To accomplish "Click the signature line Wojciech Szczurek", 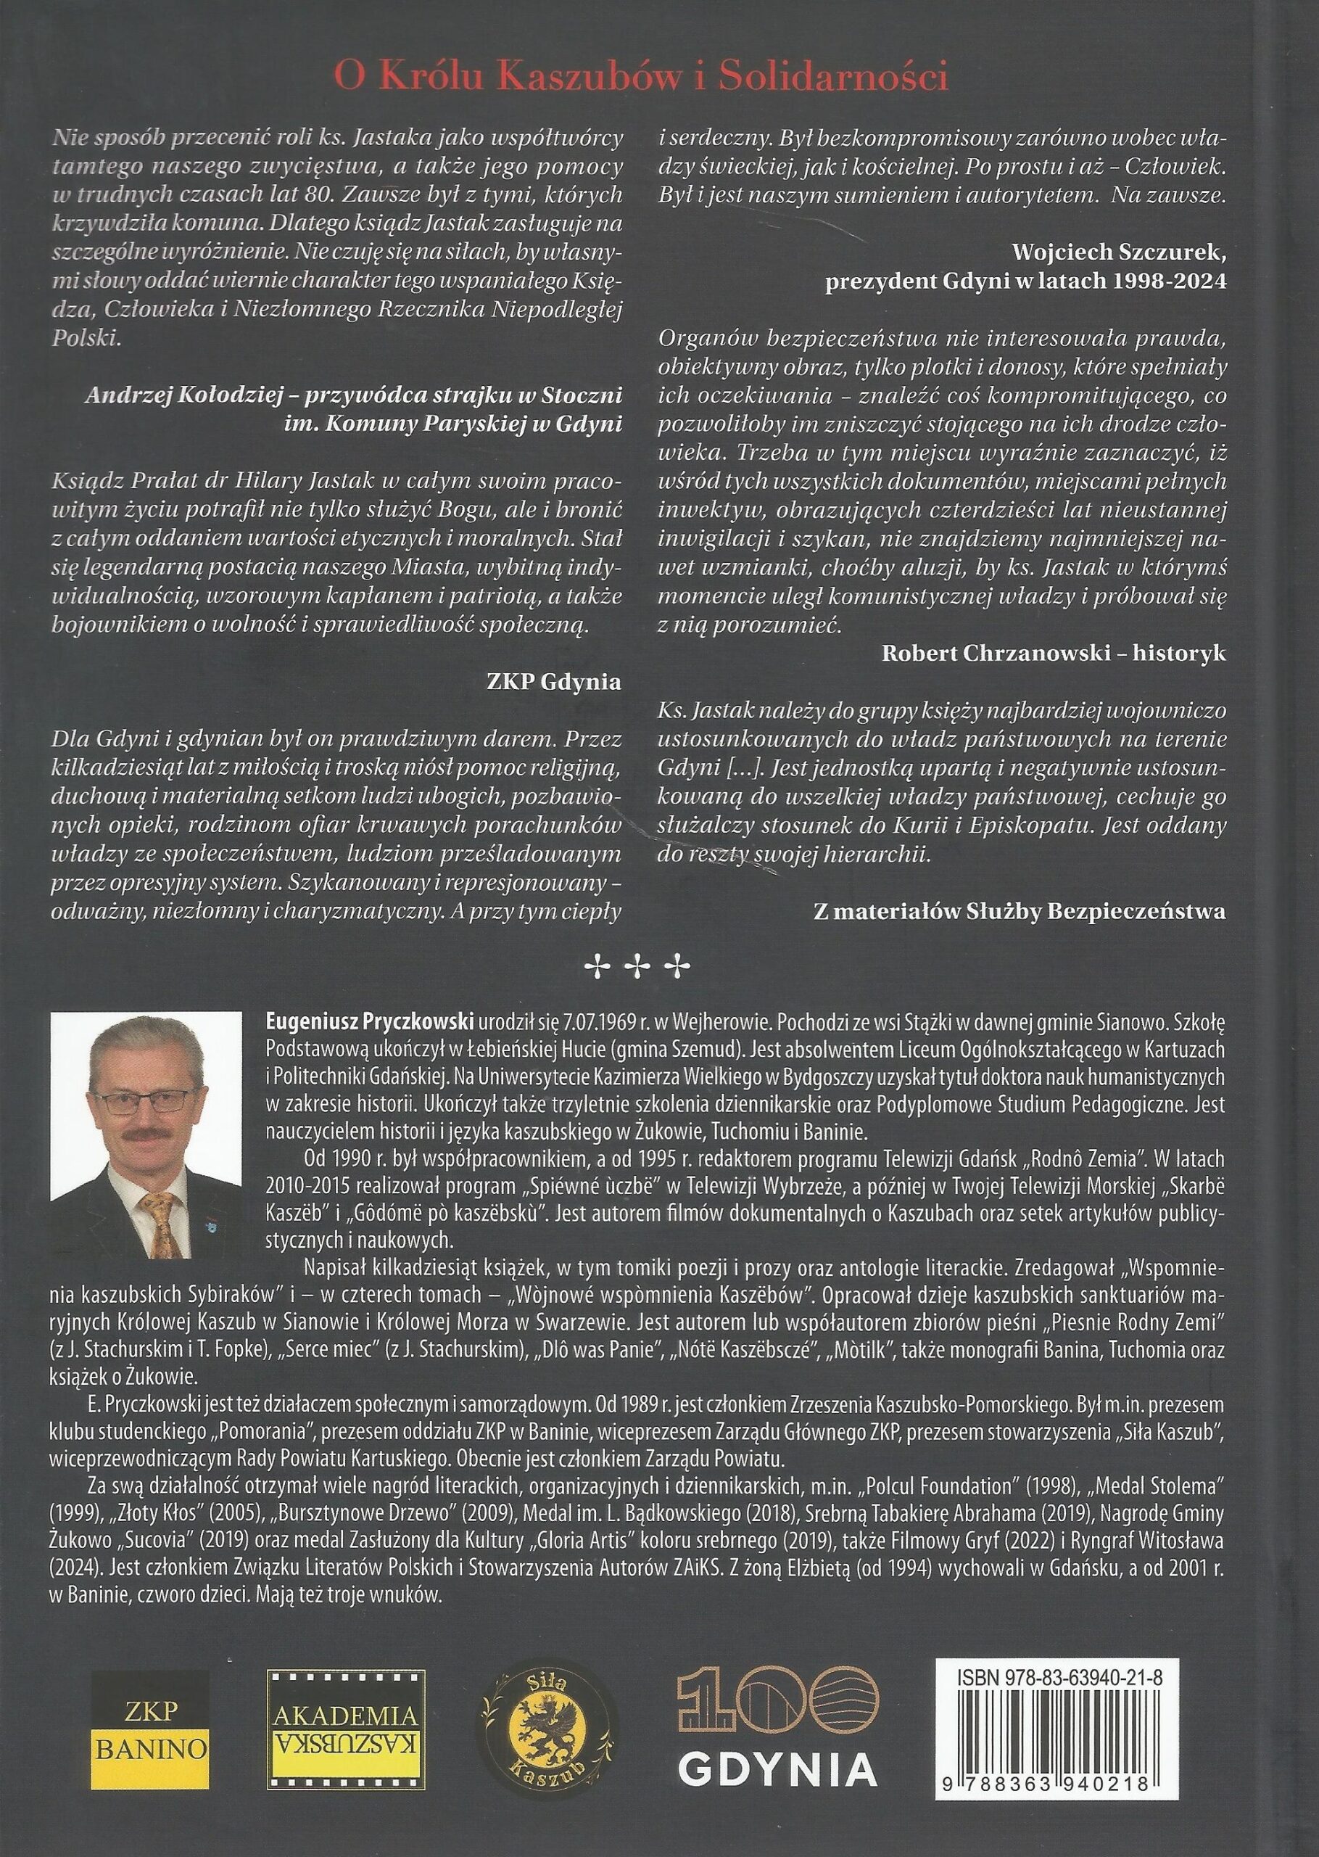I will (x=1118, y=251).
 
